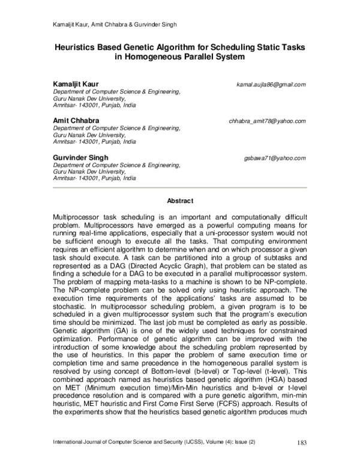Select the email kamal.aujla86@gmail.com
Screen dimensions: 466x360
(x=272, y=85)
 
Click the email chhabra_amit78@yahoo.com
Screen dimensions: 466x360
(x=268, y=121)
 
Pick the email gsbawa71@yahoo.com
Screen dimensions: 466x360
(x=275, y=158)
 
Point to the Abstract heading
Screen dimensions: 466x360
(x=179, y=201)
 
